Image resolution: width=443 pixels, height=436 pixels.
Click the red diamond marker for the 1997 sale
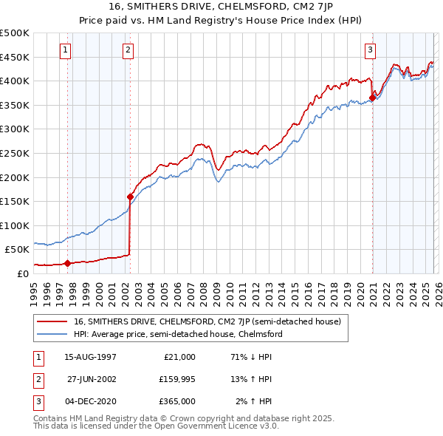click(68, 263)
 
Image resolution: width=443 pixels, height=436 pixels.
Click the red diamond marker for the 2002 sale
click(131, 197)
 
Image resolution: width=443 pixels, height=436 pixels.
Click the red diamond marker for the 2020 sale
click(372, 98)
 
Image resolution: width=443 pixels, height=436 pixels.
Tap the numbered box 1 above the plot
click(66, 50)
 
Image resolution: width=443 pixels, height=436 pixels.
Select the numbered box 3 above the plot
click(370, 50)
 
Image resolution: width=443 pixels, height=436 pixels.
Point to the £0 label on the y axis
click(23, 273)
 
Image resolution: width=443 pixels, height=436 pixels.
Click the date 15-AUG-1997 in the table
click(91, 356)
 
